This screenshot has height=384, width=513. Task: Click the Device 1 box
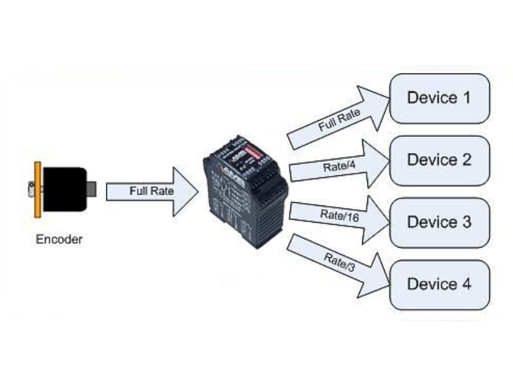click(x=440, y=99)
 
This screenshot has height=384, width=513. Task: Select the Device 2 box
click(x=440, y=160)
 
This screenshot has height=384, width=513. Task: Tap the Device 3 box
click(x=440, y=222)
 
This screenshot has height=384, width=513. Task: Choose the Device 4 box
click(x=440, y=284)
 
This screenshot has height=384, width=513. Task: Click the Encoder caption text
click(x=59, y=241)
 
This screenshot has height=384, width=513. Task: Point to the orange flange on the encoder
click(x=38, y=189)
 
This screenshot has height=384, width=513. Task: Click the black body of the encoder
click(x=64, y=189)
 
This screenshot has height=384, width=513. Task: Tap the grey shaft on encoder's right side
click(x=91, y=189)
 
